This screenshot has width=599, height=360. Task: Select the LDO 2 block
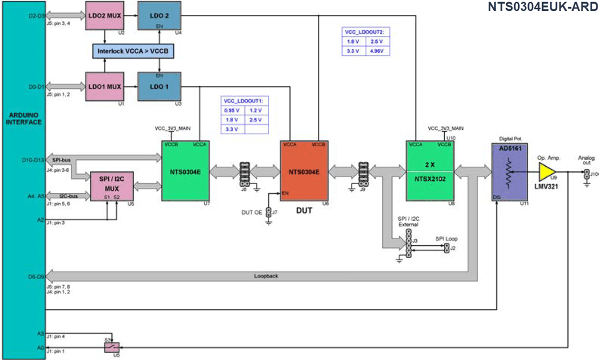coord(159,15)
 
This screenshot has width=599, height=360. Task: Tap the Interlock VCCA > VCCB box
coord(132,51)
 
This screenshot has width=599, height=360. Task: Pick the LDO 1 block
coord(159,86)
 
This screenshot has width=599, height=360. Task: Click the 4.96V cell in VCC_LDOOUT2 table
coord(377,50)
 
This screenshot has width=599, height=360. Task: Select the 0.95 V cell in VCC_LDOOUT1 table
coord(232,110)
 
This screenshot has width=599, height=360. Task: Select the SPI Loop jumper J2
coord(447,248)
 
